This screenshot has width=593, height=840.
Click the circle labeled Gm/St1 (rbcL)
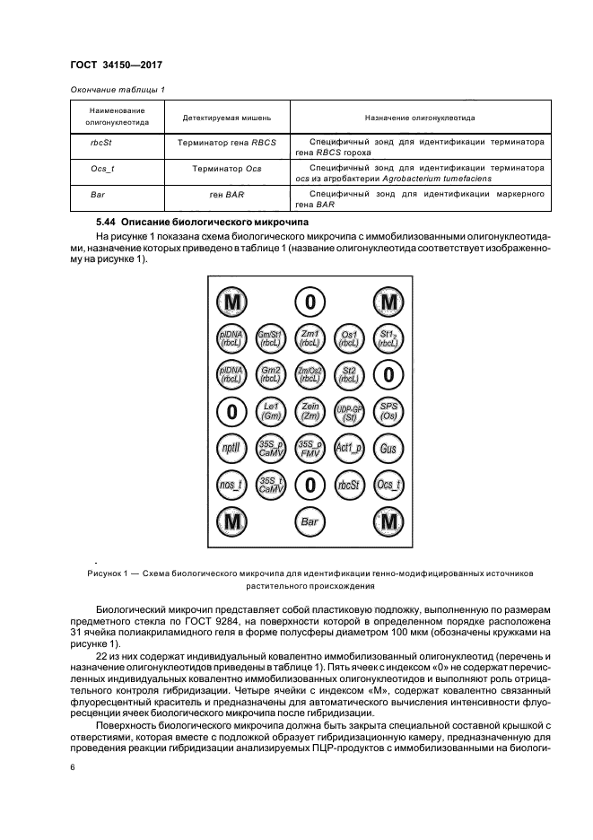(x=271, y=337)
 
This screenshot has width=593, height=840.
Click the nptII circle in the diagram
(x=232, y=448)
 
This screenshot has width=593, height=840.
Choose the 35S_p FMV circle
(x=310, y=448)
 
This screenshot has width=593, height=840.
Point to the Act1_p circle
(x=349, y=448)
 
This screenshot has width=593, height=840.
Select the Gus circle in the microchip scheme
(x=388, y=448)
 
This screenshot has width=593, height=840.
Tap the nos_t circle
(x=232, y=485)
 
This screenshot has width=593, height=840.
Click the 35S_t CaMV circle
(x=271, y=485)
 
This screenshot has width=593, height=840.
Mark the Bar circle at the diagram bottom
(x=310, y=521)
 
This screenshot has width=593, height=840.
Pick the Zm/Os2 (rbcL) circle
(x=310, y=374)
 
